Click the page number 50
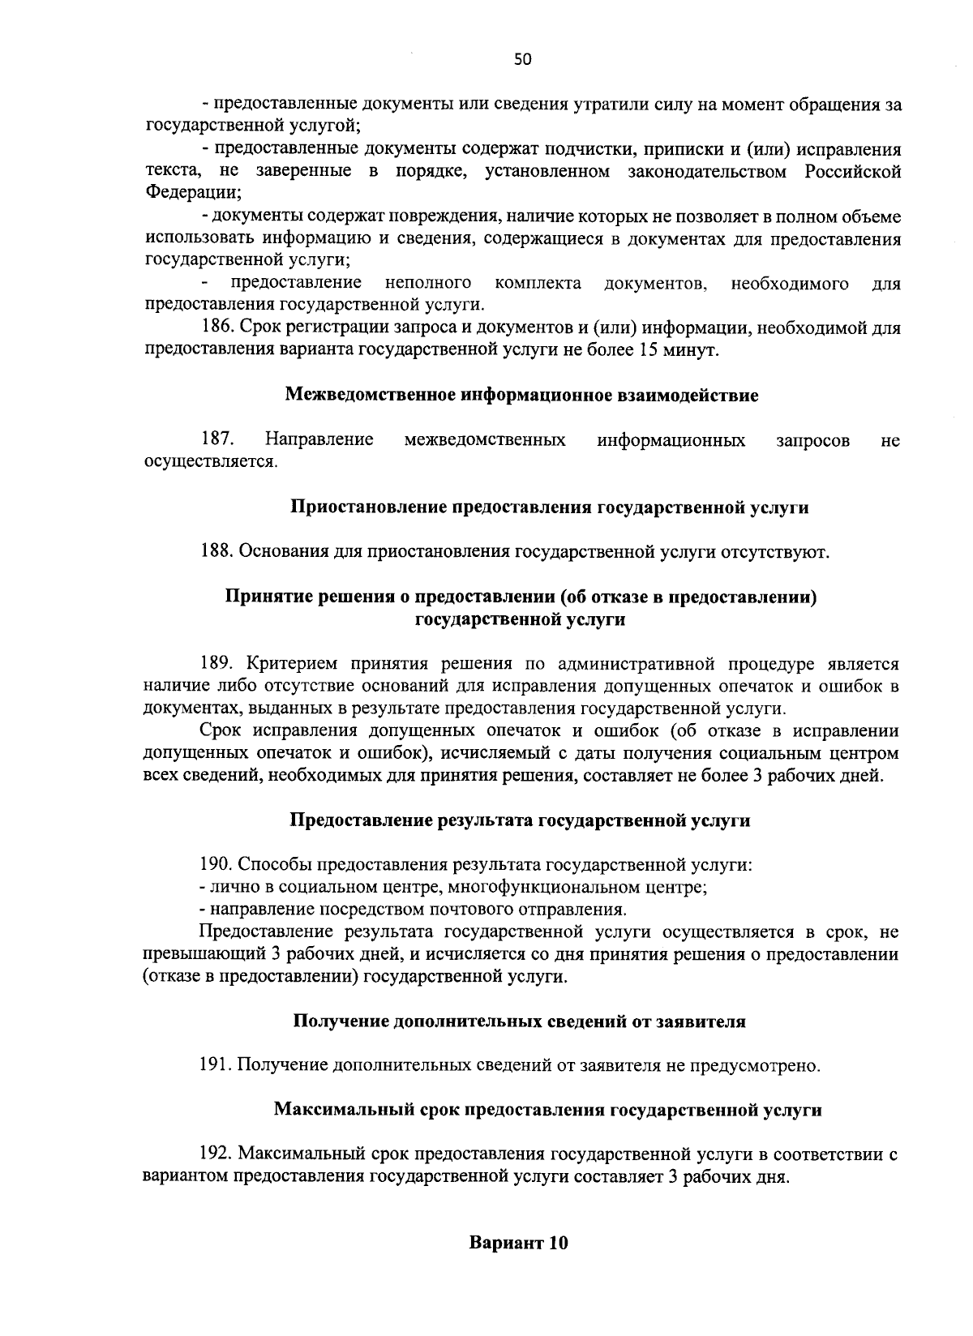point(522,58)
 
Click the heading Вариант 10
point(519,1265)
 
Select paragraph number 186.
point(218,328)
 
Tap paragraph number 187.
point(218,440)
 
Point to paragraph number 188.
point(218,552)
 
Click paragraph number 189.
point(218,664)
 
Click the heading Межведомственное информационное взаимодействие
point(522,396)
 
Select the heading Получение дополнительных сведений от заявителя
point(519,1022)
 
